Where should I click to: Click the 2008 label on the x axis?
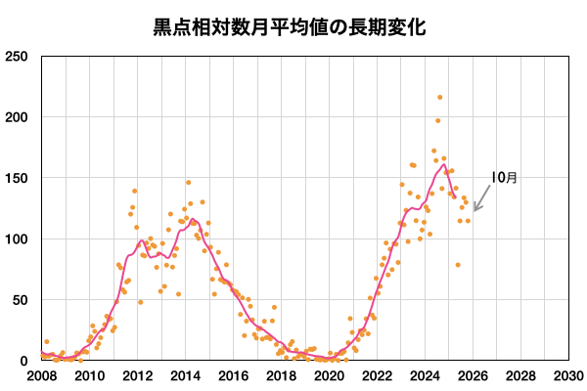[42, 375]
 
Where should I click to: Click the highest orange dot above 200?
[440, 98]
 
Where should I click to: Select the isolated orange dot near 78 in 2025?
[457, 265]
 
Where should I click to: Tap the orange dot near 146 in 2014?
[189, 183]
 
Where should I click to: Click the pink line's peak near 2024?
[444, 164]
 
